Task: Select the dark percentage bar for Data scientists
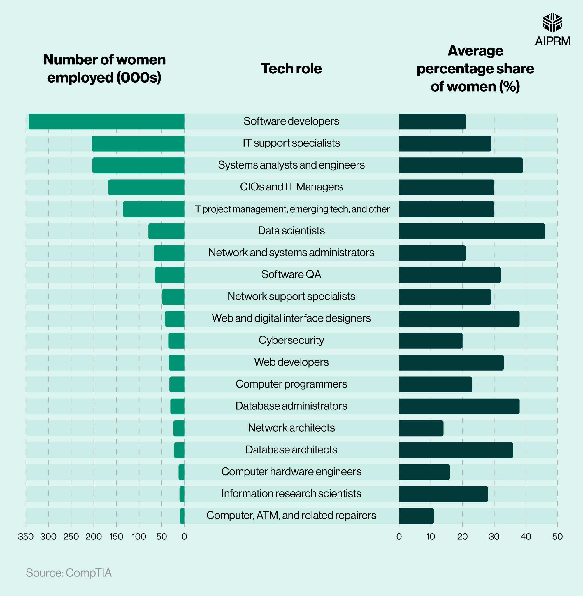click(472, 231)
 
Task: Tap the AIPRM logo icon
click(552, 22)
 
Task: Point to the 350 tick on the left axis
click(26, 537)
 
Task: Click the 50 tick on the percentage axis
click(557, 537)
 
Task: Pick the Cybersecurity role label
click(291, 340)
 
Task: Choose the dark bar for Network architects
click(421, 428)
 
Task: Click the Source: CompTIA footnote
click(69, 573)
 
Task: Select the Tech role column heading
click(291, 69)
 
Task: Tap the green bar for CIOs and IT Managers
click(146, 187)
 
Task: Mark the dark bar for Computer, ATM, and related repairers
click(416, 516)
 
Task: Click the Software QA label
click(291, 274)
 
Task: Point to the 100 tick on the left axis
click(139, 537)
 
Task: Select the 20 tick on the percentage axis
click(462, 537)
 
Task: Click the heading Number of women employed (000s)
click(104, 69)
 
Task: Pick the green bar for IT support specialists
click(138, 144)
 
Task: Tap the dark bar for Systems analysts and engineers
click(461, 165)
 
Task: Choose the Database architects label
click(291, 450)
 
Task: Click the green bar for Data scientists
click(166, 231)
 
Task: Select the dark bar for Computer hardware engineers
click(424, 472)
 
